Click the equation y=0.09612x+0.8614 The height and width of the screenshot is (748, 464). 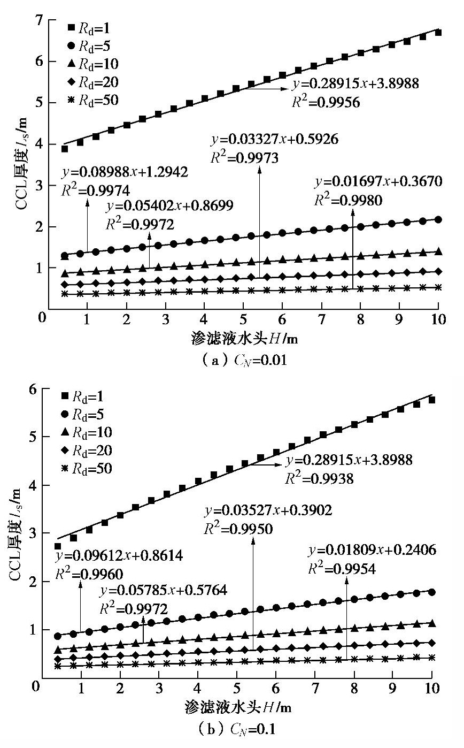click(x=119, y=556)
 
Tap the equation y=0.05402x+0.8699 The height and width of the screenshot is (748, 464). click(x=169, y=206)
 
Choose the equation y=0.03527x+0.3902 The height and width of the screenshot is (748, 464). click(x=268, y=510)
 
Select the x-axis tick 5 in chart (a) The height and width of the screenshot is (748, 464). click(x=243, y=320)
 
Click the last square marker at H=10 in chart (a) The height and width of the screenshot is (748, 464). click(x=438, y=32)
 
